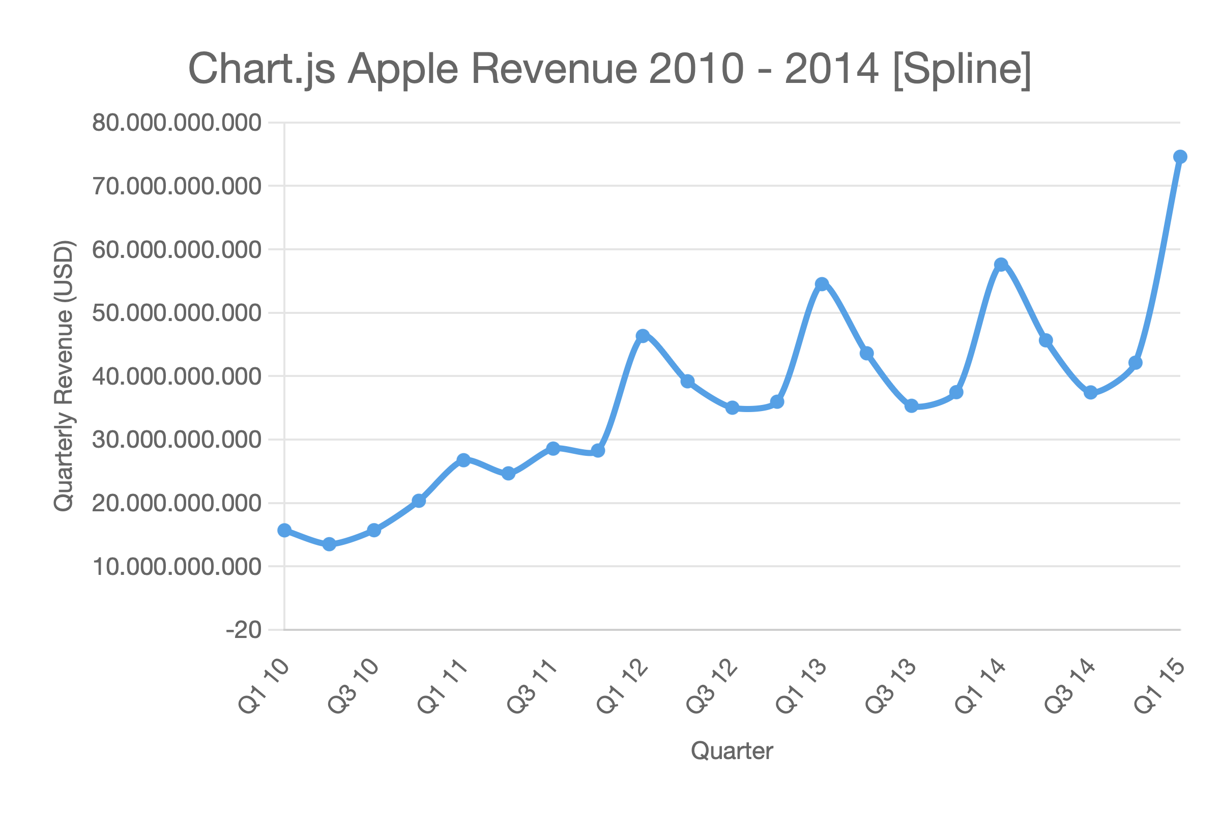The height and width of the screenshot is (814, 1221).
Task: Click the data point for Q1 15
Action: (x=1180, y=157)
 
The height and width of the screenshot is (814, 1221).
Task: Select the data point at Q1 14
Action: (x=1001, y=265)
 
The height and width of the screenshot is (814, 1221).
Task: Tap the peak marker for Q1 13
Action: (x=821, y=284)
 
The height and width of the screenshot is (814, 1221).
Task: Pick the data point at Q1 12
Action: (x=643, y=336)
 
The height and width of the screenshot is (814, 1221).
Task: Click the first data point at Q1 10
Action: (x=284, y=530)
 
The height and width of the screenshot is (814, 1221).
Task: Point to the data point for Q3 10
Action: (x=374, y=530)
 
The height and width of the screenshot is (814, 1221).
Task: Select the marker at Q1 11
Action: (x=463, y=460)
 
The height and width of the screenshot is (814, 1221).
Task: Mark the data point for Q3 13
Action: (x=912, y=406)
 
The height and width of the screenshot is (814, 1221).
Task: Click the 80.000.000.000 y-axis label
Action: (x=177, y=123)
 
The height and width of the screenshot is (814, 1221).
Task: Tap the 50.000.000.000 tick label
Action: (x=177, y=313)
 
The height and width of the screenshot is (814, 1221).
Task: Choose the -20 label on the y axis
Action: (x=244, y=630)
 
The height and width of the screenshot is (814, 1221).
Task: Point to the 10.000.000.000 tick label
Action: (x=177, y=566)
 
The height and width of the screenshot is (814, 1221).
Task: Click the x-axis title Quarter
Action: (x=732, y=751)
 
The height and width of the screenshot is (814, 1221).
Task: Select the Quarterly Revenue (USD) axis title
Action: (x=65, y=376)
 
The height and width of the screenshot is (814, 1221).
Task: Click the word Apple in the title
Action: (x=403, y=69)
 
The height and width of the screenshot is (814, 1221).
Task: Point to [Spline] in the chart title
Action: (x=962, y=69)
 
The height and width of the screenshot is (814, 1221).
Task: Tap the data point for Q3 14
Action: (x=1091, y=392)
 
